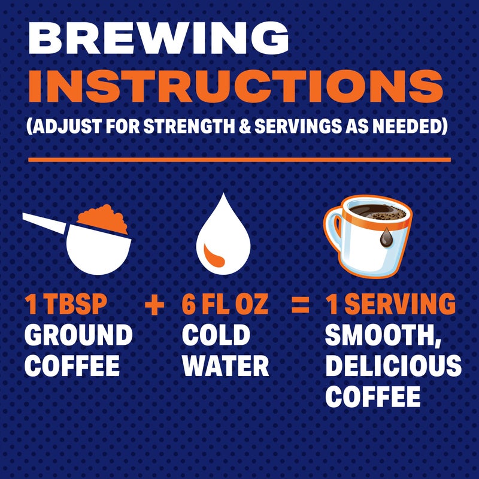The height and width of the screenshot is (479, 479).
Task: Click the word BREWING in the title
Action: pyautogui.click(x=158, y=41)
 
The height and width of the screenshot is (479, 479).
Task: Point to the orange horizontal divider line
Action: pyautogui.click(x=239, y=160)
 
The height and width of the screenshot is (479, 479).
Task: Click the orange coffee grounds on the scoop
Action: pyautogui.click(x=104, y=219)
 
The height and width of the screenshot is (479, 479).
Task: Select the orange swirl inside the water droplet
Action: pyautogui.click(x=215, y=254)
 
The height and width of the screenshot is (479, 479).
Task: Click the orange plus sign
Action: pyautogui.click(x=154, y=305)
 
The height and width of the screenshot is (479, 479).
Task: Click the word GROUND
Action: pyautogui.click(x=78, y=335)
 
